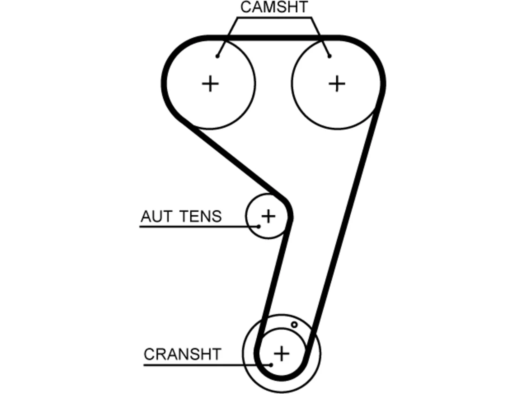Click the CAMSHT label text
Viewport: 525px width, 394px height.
coord(274,7)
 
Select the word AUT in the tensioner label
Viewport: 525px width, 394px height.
coord(156,216)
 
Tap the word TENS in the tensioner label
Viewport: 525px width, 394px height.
coord(201,216)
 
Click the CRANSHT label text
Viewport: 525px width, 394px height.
coord(183,354)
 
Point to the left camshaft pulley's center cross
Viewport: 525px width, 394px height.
coord(210,84)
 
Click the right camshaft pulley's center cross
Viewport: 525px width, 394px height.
coord(337,84)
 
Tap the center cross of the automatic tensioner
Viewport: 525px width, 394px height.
coord(268,216)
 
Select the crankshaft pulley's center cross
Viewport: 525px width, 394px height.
coord(281,353)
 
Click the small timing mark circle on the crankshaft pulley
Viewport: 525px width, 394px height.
coord(294,325)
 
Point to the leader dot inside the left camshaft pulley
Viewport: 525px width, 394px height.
coord(217,56)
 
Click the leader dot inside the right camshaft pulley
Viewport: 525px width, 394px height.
coord(330,56)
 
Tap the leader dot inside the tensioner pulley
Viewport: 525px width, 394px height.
coord(258,226)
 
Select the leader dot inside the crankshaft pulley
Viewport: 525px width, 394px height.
coord(271,365)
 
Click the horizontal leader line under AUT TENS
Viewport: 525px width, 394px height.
coord(199,226)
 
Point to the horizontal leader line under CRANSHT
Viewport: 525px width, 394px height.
coord(207,365)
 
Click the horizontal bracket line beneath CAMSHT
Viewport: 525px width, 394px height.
coord(274,18)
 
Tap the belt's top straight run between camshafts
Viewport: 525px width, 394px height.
coord(274,38)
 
